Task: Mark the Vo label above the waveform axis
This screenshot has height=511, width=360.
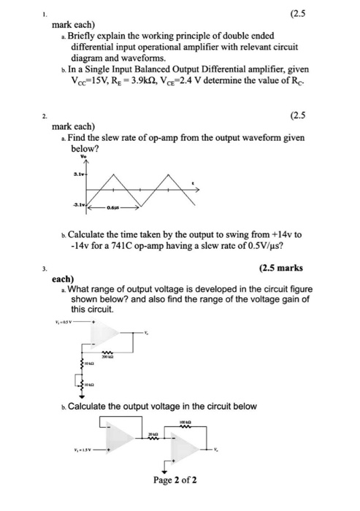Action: coord(85,155)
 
